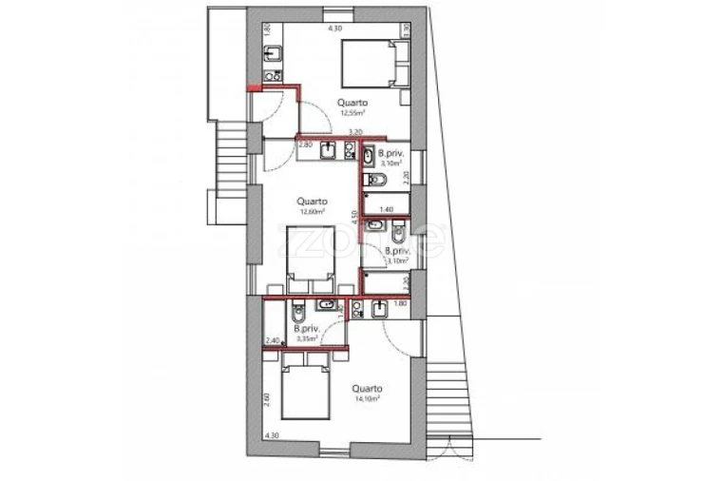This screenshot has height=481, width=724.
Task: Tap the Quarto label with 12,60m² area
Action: click(x=312, y=204)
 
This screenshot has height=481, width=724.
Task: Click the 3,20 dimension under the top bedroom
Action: click(x=355, y=131)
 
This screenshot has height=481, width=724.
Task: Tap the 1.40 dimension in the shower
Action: click(x=386, y=209)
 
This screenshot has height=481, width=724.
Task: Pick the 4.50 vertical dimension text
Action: click(x=353, y=216)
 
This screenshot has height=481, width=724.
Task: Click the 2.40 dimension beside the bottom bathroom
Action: click(x=273, y=340)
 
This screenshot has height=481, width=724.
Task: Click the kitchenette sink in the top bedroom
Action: click(x=271, y=52)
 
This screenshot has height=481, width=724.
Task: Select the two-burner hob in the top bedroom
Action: click(x=270, y=75)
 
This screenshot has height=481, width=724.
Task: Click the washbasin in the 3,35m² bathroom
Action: click(x=326, y=304)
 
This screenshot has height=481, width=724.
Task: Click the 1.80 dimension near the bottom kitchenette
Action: click(x=400, y=302)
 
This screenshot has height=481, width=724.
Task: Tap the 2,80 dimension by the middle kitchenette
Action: click(x=305, y=145)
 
